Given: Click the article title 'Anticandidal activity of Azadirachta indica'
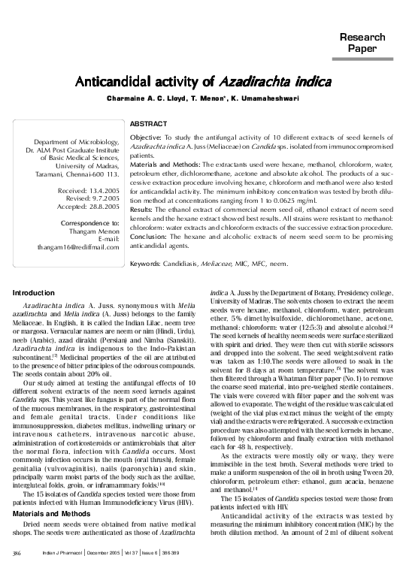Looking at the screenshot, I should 203,80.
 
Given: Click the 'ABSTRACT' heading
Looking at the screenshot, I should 148,122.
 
